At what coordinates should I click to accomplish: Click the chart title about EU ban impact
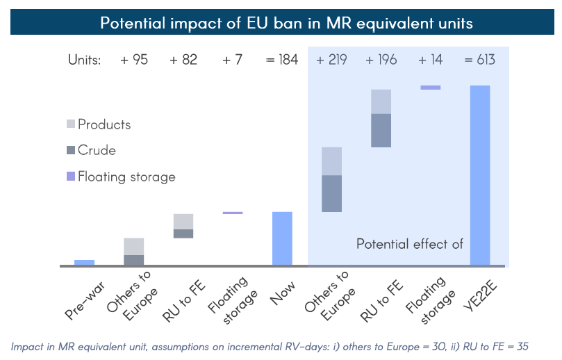tap(286, 23)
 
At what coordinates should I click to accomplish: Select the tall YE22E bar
tap(480, 174)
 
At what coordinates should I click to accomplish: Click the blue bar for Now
tap(281, 238)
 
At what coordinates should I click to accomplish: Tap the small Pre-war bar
tap(84, 262)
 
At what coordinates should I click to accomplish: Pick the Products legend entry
tap(104, 124)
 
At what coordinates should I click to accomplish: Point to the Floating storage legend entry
tap(126, 177)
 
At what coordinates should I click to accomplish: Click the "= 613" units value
tap(479, 60)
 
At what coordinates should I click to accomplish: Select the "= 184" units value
tap(281, 60)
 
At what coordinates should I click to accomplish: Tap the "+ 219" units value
tap(331, 60)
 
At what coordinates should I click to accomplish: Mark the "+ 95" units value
tap(134, 60)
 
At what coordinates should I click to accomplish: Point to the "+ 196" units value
tap(381, 60)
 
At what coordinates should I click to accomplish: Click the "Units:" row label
tap(84, 60)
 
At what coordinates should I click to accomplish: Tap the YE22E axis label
tap(478, 296)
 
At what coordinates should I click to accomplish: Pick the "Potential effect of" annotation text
tap(409, 244)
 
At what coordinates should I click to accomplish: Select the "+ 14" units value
tap(430, 60)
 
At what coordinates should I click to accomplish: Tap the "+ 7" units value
tap(232, 60)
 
